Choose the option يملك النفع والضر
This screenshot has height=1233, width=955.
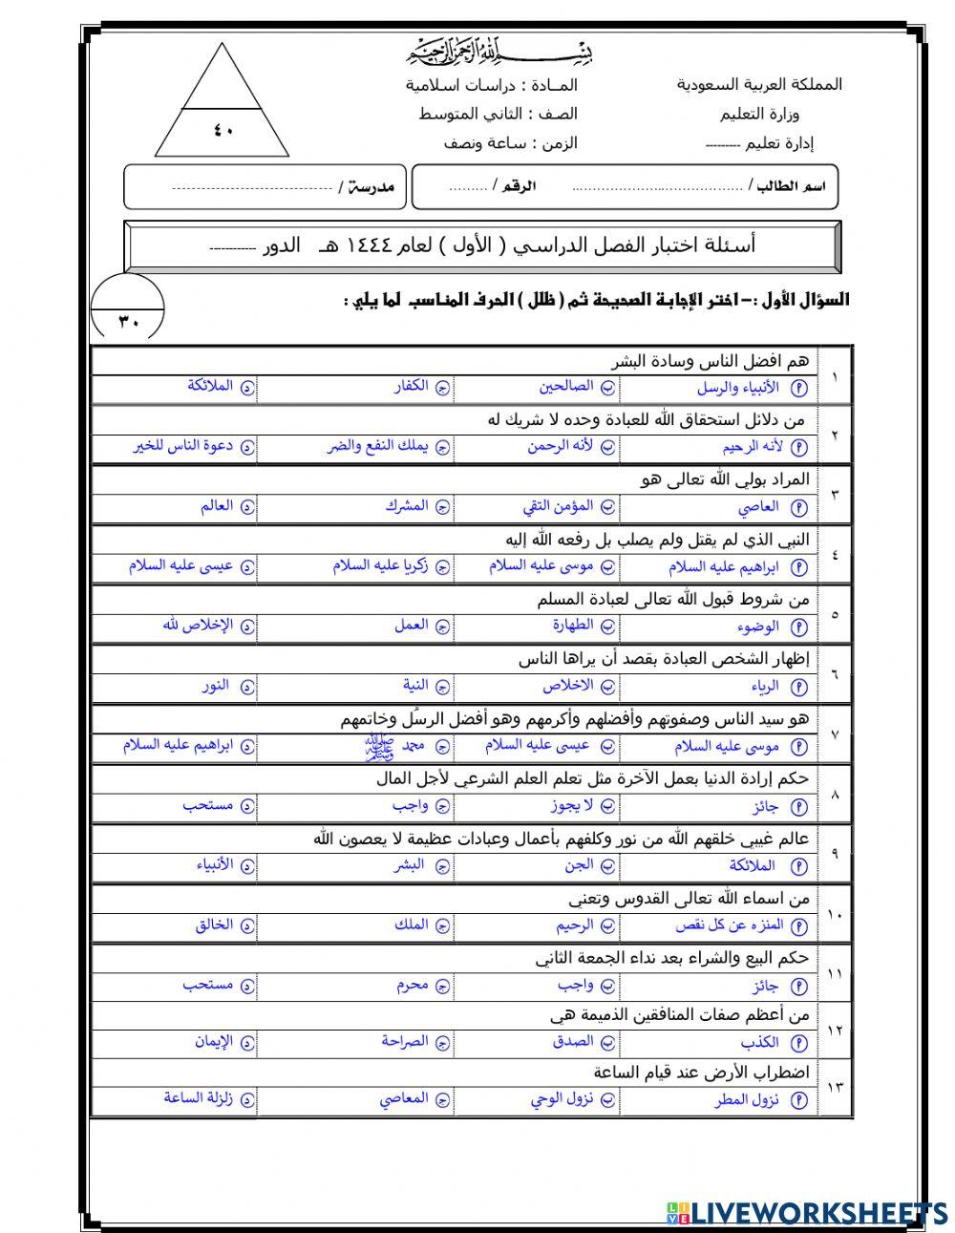click(x=388, y=446)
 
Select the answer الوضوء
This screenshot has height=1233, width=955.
click(x=759, y=627)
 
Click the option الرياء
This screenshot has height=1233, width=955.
click(x=766, y=686)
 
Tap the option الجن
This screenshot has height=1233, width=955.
click(x=578, y=865)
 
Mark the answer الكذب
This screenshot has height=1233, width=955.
click(x=761, y=1043)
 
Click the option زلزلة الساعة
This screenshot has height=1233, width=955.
click(x=200, y=1098)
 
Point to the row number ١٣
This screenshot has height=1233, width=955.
click(x=835, y=1087)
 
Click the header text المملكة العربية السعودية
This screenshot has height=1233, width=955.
click(x=759, y=85)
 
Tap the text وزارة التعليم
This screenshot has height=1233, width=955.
click(x=754, y=115)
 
